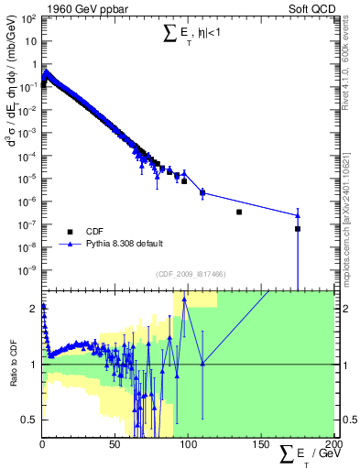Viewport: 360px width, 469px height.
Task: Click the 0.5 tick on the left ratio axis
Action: click(30, 420)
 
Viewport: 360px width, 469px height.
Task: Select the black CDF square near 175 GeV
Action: click(298, 229)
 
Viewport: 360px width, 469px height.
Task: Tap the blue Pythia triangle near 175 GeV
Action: click(298, 215)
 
